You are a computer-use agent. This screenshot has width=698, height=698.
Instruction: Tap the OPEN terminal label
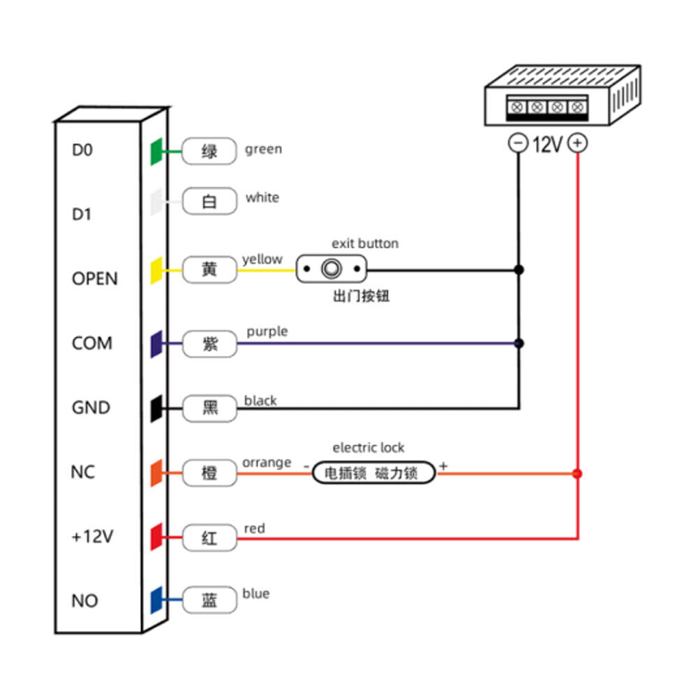95,279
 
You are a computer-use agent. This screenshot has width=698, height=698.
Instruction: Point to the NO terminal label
84,601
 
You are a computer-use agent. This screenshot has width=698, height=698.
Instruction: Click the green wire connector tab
156,151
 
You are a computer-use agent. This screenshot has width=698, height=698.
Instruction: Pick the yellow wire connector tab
156,269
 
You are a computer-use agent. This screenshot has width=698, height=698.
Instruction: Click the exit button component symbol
331,269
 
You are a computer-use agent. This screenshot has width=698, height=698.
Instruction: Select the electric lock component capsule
373,473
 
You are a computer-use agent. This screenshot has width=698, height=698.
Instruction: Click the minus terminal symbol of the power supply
519,144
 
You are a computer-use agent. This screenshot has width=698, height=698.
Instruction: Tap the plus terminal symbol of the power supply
578,144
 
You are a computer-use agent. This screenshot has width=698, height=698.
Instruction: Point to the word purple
267,331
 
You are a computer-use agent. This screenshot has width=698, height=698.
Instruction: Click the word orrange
267,462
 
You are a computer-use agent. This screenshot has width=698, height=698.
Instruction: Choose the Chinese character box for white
209,202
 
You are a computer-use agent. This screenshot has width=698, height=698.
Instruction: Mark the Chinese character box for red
209,538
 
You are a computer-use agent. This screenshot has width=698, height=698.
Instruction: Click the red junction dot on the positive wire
577,474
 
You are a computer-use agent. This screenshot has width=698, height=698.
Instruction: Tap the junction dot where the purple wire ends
519,343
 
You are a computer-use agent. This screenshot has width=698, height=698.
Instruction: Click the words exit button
364,244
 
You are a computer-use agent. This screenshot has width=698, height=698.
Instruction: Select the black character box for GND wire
209,408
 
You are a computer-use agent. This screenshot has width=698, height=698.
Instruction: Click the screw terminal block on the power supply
547,107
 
